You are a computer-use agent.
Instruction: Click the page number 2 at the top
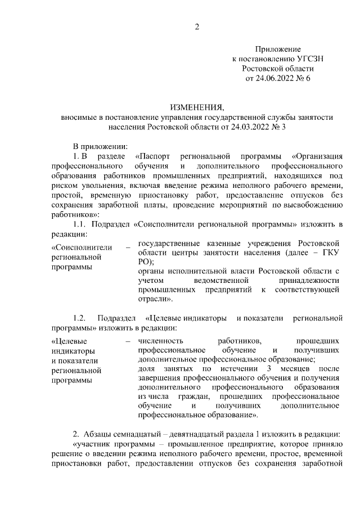197,26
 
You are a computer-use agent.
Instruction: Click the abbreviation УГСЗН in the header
308,58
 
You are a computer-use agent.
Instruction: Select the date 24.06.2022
274,78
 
